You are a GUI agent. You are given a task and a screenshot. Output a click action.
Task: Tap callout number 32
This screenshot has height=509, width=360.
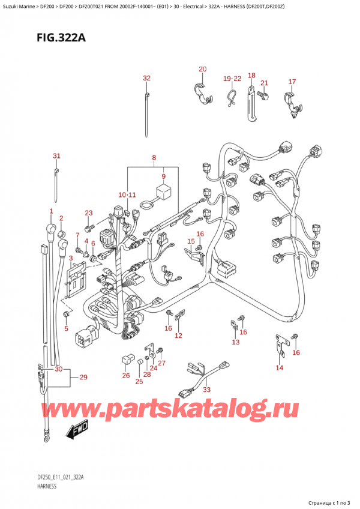pos(146,78)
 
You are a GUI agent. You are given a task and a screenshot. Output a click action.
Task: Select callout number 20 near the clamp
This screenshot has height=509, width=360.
pos(202,69)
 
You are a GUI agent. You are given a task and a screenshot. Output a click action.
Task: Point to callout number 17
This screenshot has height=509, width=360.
pos(292,82)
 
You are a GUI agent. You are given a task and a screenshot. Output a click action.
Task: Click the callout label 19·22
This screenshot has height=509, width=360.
pos(231,79)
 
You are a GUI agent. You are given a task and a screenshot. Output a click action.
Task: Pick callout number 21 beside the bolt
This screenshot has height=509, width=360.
pos(264,83)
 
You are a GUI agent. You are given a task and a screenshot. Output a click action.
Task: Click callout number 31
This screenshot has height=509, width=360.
pos(56,156)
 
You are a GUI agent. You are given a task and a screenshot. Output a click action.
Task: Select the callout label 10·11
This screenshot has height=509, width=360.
pos(127,195)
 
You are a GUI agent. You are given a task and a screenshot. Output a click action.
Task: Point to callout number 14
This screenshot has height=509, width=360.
pos(279,367)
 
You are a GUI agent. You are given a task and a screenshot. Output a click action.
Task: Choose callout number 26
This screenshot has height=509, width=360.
pos(125,376)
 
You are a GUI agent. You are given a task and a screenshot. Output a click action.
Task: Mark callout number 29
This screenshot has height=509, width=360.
pos(83,377)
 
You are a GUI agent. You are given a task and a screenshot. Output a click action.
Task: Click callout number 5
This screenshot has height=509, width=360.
pos(67,328)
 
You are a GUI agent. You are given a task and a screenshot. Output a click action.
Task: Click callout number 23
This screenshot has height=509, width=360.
pos(89,212)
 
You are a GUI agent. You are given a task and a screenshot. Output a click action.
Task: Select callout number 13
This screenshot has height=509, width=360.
pos(236,342)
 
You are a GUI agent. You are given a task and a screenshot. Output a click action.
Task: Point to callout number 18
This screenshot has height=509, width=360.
pos(251,76)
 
